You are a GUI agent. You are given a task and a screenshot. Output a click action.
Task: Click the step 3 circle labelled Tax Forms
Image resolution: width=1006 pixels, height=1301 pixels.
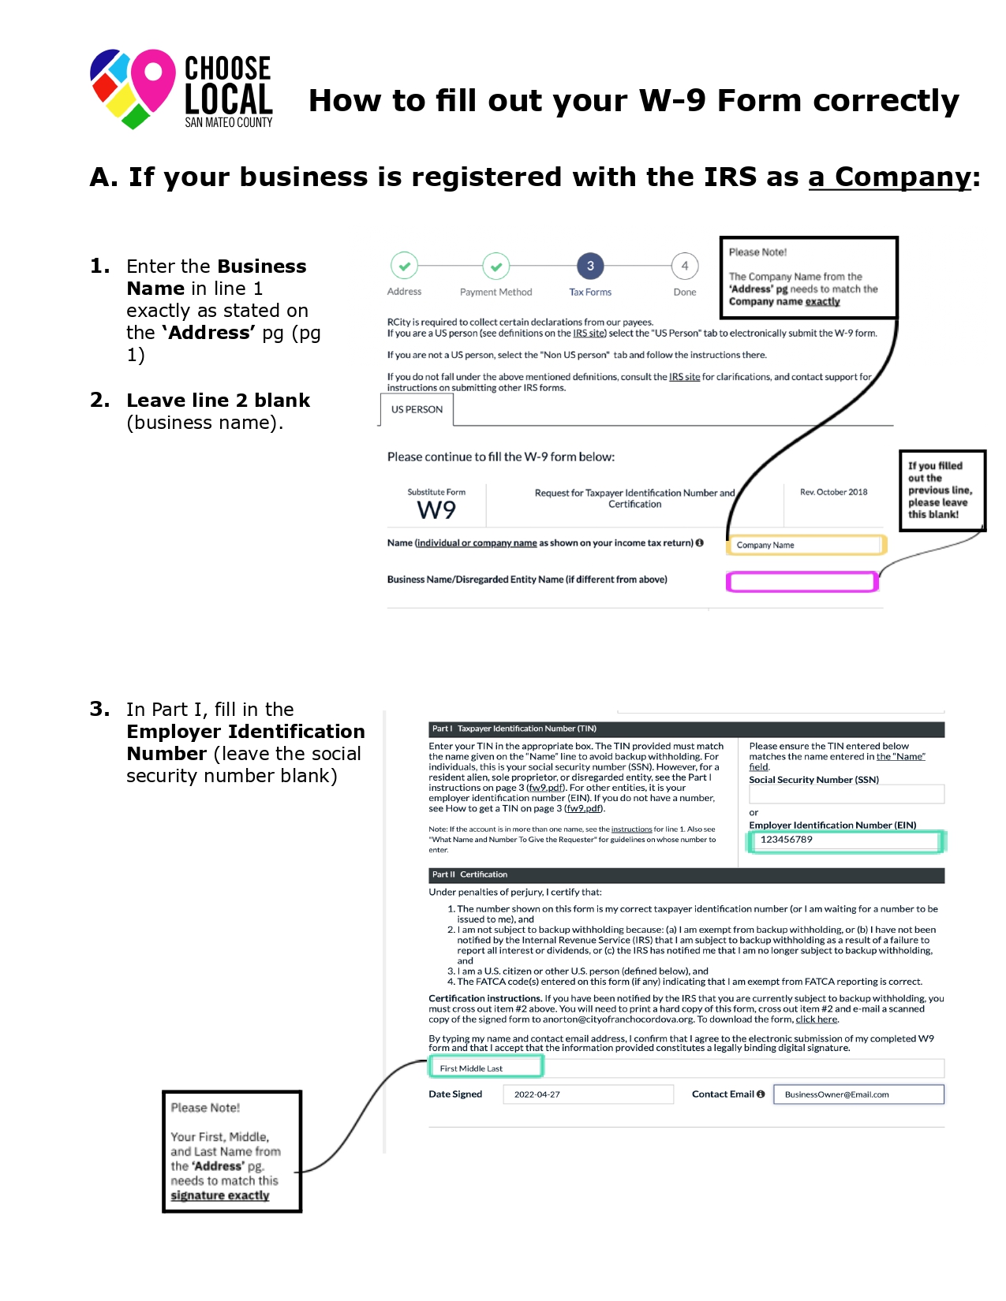point(590,267)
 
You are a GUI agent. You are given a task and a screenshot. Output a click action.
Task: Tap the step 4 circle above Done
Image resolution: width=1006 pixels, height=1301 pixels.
point(685,267)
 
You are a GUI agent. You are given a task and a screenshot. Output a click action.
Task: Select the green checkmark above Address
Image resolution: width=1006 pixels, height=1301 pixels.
point(404,267)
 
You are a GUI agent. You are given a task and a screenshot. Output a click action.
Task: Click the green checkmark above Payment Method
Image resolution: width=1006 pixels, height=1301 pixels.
point(496,267)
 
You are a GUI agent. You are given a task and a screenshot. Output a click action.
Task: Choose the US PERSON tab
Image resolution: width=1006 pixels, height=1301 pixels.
point(417,410)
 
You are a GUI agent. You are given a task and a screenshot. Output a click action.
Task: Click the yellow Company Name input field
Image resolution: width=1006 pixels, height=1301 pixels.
point(805,545)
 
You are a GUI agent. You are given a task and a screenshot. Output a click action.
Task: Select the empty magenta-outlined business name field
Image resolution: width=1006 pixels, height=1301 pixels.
point(802,582)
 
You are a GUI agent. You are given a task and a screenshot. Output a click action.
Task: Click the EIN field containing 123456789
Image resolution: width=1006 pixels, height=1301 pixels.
point(844,841)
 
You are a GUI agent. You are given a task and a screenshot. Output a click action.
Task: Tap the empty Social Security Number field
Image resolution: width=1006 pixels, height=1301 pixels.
point(846,794)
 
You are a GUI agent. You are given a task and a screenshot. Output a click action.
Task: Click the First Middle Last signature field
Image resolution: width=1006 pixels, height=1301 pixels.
point(485,1068)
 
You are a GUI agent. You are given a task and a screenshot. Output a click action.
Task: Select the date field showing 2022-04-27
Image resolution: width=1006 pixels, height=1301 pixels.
point(588,1094)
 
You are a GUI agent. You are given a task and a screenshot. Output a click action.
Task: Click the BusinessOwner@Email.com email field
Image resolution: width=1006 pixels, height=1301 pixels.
point(858,1094)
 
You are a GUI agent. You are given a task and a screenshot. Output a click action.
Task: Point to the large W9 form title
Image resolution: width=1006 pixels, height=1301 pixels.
point(436,510)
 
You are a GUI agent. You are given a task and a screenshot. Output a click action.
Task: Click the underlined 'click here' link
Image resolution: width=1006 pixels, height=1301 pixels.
point(816,1020)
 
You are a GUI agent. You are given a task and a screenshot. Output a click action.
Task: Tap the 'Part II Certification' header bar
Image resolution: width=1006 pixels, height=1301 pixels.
point(686,875)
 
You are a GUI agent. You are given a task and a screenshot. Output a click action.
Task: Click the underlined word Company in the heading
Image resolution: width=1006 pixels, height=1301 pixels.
point(889,177)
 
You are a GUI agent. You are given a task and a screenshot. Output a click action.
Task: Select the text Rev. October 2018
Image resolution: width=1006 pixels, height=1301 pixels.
point(833,492)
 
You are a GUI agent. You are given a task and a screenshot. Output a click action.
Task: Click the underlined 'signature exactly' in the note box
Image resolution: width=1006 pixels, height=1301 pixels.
point(220,1195)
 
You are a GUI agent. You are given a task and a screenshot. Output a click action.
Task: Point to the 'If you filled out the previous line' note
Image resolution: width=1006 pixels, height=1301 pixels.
point(941,490)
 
